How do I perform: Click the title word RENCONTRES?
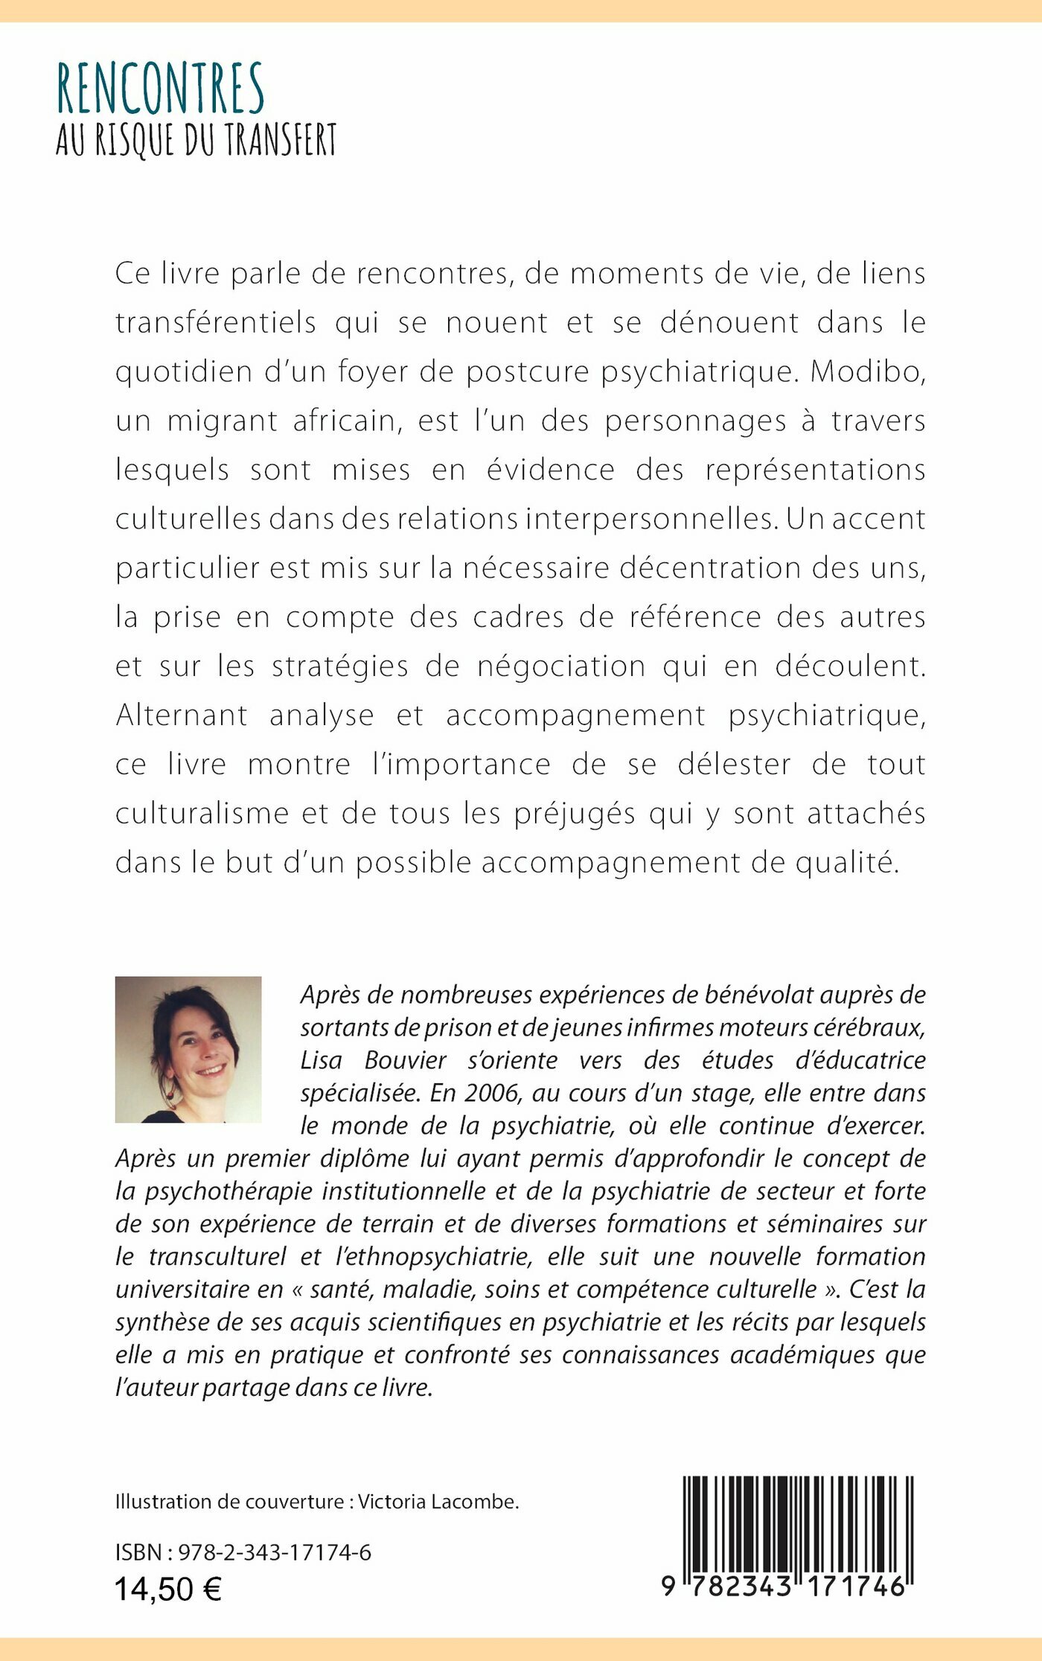[161, 89]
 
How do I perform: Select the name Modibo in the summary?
[866, 372]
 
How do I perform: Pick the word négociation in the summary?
[561, 666]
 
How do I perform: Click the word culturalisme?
[200, 813]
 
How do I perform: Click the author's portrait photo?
[188, 1049]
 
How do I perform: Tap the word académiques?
[799, 1354]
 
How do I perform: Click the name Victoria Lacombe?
[438, 1502]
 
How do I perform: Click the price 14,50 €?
[168, 1590]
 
